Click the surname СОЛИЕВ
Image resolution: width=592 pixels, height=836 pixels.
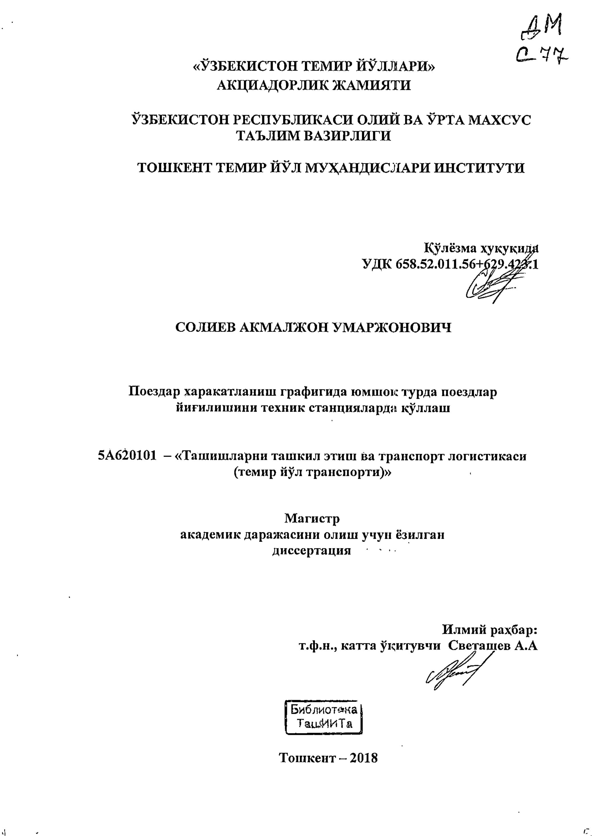(x=205, y=328)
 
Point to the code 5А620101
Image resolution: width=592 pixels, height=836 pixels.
(x=128, y=456)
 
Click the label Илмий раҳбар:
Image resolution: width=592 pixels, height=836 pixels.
(x=490, y=629)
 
